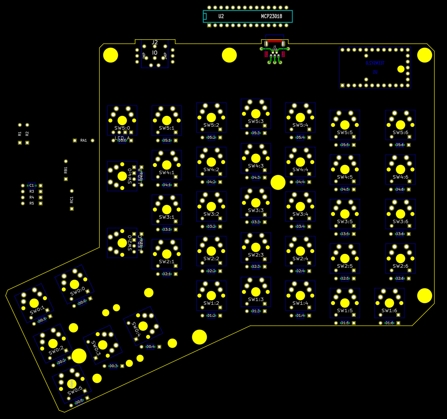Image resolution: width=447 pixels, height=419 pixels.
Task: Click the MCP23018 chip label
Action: coord(271,16)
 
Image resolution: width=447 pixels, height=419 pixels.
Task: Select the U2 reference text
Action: coord(221,16)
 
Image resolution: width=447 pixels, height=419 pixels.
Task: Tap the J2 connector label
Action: coord(155,42)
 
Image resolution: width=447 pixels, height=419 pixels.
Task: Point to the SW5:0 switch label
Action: coord(122,128)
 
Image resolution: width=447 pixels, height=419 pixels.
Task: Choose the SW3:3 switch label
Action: coord(256,210)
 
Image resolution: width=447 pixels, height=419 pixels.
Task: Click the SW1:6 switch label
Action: coord(389,311)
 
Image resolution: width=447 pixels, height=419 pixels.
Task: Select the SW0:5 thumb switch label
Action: coord(75,391)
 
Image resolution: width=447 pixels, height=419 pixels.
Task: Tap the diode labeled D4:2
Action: coord(211,182)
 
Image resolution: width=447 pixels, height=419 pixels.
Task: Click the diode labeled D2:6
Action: coord(400,278)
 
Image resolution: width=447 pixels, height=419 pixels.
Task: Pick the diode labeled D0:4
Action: coord(150,347)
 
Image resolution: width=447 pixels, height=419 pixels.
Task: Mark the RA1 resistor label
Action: coord(83,140)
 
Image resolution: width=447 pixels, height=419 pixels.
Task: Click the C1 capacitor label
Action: coord(32,185)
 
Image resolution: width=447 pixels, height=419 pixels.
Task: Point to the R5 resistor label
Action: coord(32,203)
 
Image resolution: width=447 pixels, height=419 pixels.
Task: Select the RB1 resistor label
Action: coord(66,170)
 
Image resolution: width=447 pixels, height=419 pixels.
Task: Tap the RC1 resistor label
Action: coord(72,200)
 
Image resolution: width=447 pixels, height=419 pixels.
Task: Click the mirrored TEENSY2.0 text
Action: coord(375,63)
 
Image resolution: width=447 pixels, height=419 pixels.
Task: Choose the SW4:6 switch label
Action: coord(400,177)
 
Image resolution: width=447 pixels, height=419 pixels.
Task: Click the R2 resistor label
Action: coord(27,134)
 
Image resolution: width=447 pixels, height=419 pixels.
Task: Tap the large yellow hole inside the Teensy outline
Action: coord(401,69)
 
